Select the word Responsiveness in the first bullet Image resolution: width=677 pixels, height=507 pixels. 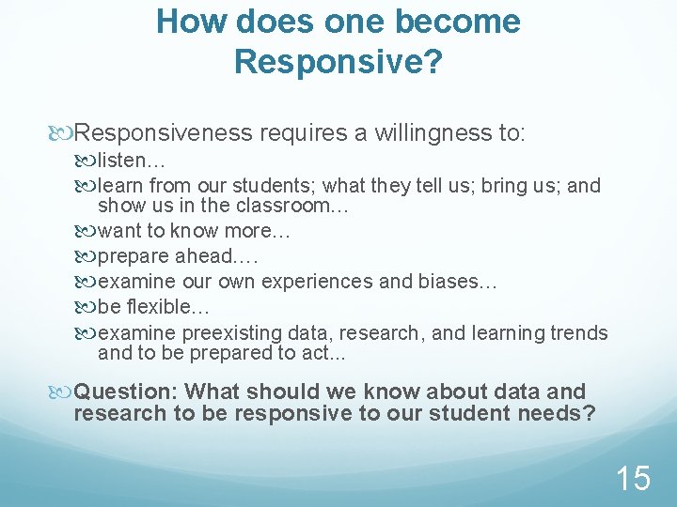point(164,134)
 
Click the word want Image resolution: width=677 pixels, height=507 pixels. point(118,231)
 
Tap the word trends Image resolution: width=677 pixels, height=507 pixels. point(579,333)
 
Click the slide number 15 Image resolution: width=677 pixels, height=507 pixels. point(632,479)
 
